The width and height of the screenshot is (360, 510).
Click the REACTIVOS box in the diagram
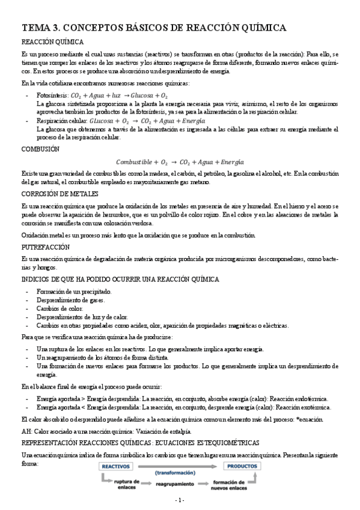point(117,466)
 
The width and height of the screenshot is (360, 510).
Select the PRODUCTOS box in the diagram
point(243,466)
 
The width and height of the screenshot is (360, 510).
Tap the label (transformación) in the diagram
point(180,473)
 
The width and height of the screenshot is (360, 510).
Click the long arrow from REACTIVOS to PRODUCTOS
point(180,465)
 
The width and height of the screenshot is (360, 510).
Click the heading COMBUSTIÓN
point(40,148)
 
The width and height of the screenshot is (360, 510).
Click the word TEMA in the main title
point(38,28)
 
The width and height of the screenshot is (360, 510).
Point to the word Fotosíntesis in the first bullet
point(52,95)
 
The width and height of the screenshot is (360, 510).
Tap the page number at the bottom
point(180,500)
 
